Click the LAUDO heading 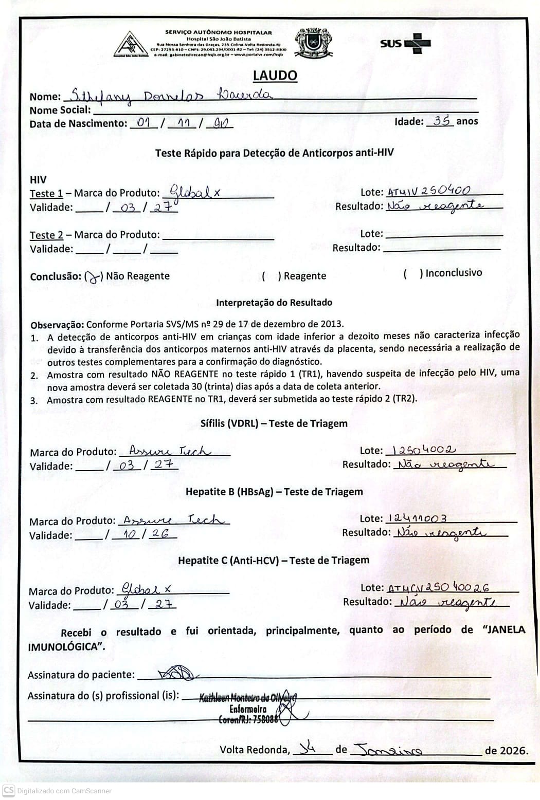pos(275,76)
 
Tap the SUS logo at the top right pos(405,44)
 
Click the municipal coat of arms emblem pos(313,42)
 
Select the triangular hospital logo pos(131,45)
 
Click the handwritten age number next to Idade pos(442,121)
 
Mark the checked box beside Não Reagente pos(93,277)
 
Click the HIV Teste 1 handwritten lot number pos(428,191)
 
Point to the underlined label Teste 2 pos(46,235)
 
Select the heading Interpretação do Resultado pos(274,303)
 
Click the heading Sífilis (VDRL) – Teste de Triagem pos(274,423)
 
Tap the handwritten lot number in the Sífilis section pos(421,450)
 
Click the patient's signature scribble pos(175,673)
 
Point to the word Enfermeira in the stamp pos(248,709)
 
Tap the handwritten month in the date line pos(389,750)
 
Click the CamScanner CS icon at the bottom pos(8,790)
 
